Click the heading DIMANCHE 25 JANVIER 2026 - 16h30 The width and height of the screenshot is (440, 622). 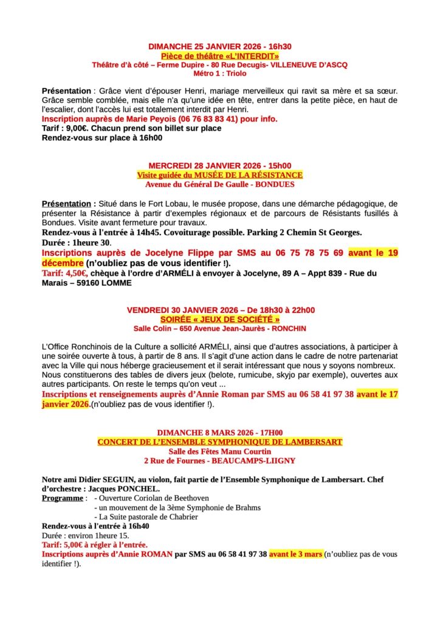(220, 46)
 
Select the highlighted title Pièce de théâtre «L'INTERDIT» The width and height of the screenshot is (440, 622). (220, 55)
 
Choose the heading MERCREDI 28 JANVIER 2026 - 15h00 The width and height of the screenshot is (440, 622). (220, 166)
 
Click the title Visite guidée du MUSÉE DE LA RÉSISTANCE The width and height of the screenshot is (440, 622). (220, 175)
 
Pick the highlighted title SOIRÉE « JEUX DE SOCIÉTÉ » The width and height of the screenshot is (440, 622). (220, 319)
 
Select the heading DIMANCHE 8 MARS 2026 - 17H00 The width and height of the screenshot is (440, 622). (220, 432)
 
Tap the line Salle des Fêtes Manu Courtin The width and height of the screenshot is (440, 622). (220, 451)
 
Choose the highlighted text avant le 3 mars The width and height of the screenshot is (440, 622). (295, 554)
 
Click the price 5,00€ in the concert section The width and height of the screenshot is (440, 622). (77, 545)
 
